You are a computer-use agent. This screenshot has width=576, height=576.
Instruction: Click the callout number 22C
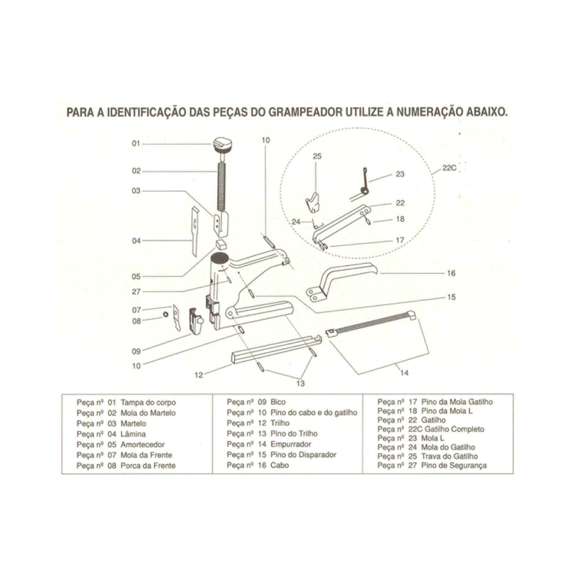click(449, 168)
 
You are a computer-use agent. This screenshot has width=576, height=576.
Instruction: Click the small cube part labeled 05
click(221, 243)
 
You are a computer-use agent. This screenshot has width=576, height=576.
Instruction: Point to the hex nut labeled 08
click(166, 314)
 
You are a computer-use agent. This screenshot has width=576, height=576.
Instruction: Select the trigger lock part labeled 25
click(313, 202)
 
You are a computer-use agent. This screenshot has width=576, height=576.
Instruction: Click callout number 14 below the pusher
click(404, 373)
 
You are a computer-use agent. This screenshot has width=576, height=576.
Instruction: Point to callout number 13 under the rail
click(300, 384)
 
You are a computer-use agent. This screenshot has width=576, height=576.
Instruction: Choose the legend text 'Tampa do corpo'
click(148, 403)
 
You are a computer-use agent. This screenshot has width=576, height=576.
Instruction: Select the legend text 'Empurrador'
click(291, 444)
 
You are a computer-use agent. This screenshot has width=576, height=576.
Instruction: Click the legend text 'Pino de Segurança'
click(454, 465)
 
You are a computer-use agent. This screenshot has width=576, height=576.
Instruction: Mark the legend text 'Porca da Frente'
click(148, 465)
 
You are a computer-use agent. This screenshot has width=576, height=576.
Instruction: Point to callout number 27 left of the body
click(136, 292)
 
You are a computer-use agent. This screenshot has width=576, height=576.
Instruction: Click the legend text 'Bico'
click(278, 402)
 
